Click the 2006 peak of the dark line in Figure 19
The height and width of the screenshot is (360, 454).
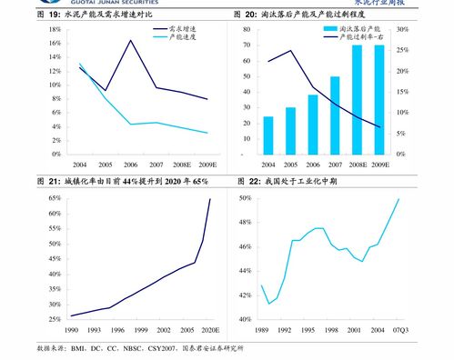(x=132, y=40)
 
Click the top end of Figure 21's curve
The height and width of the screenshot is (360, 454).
(x=210, y=198)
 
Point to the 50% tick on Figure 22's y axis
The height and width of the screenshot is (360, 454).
(x=245, y=198)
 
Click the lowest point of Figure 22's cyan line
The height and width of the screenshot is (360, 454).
(x=268, y=304)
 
